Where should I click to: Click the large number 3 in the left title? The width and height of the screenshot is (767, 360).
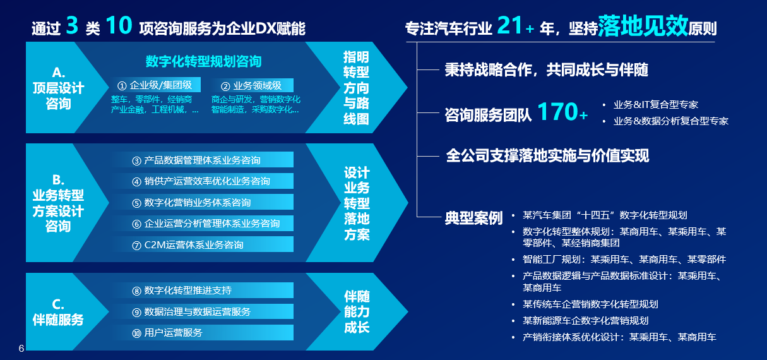72,25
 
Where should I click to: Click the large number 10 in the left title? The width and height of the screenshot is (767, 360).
119,25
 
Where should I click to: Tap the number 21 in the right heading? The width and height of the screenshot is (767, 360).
509,25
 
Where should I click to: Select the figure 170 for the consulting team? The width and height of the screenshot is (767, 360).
558,112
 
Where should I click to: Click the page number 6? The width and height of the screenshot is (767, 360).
21,349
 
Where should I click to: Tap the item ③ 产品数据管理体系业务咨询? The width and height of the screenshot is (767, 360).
196,160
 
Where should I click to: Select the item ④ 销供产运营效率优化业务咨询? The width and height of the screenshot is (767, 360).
201,181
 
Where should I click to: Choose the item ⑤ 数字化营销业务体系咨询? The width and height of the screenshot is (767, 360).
191,203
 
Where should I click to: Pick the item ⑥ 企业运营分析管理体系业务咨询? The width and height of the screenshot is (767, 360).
206,224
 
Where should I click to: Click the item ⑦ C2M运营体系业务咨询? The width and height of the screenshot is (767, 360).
187,245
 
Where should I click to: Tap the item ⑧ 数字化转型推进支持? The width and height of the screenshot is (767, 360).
182,291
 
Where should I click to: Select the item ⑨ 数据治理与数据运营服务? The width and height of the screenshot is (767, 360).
191,312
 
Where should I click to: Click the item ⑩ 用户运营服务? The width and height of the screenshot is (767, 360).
167,333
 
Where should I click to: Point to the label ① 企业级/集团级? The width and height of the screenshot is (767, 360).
155,85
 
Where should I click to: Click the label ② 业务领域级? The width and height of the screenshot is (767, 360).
251,85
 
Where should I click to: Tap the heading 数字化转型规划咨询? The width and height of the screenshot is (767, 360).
203,61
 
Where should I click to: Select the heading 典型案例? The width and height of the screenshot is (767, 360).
473,217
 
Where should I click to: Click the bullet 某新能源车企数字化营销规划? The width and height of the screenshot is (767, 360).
586,321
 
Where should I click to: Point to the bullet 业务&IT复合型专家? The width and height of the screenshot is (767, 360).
656,104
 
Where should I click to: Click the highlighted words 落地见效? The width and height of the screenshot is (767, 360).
643,26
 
